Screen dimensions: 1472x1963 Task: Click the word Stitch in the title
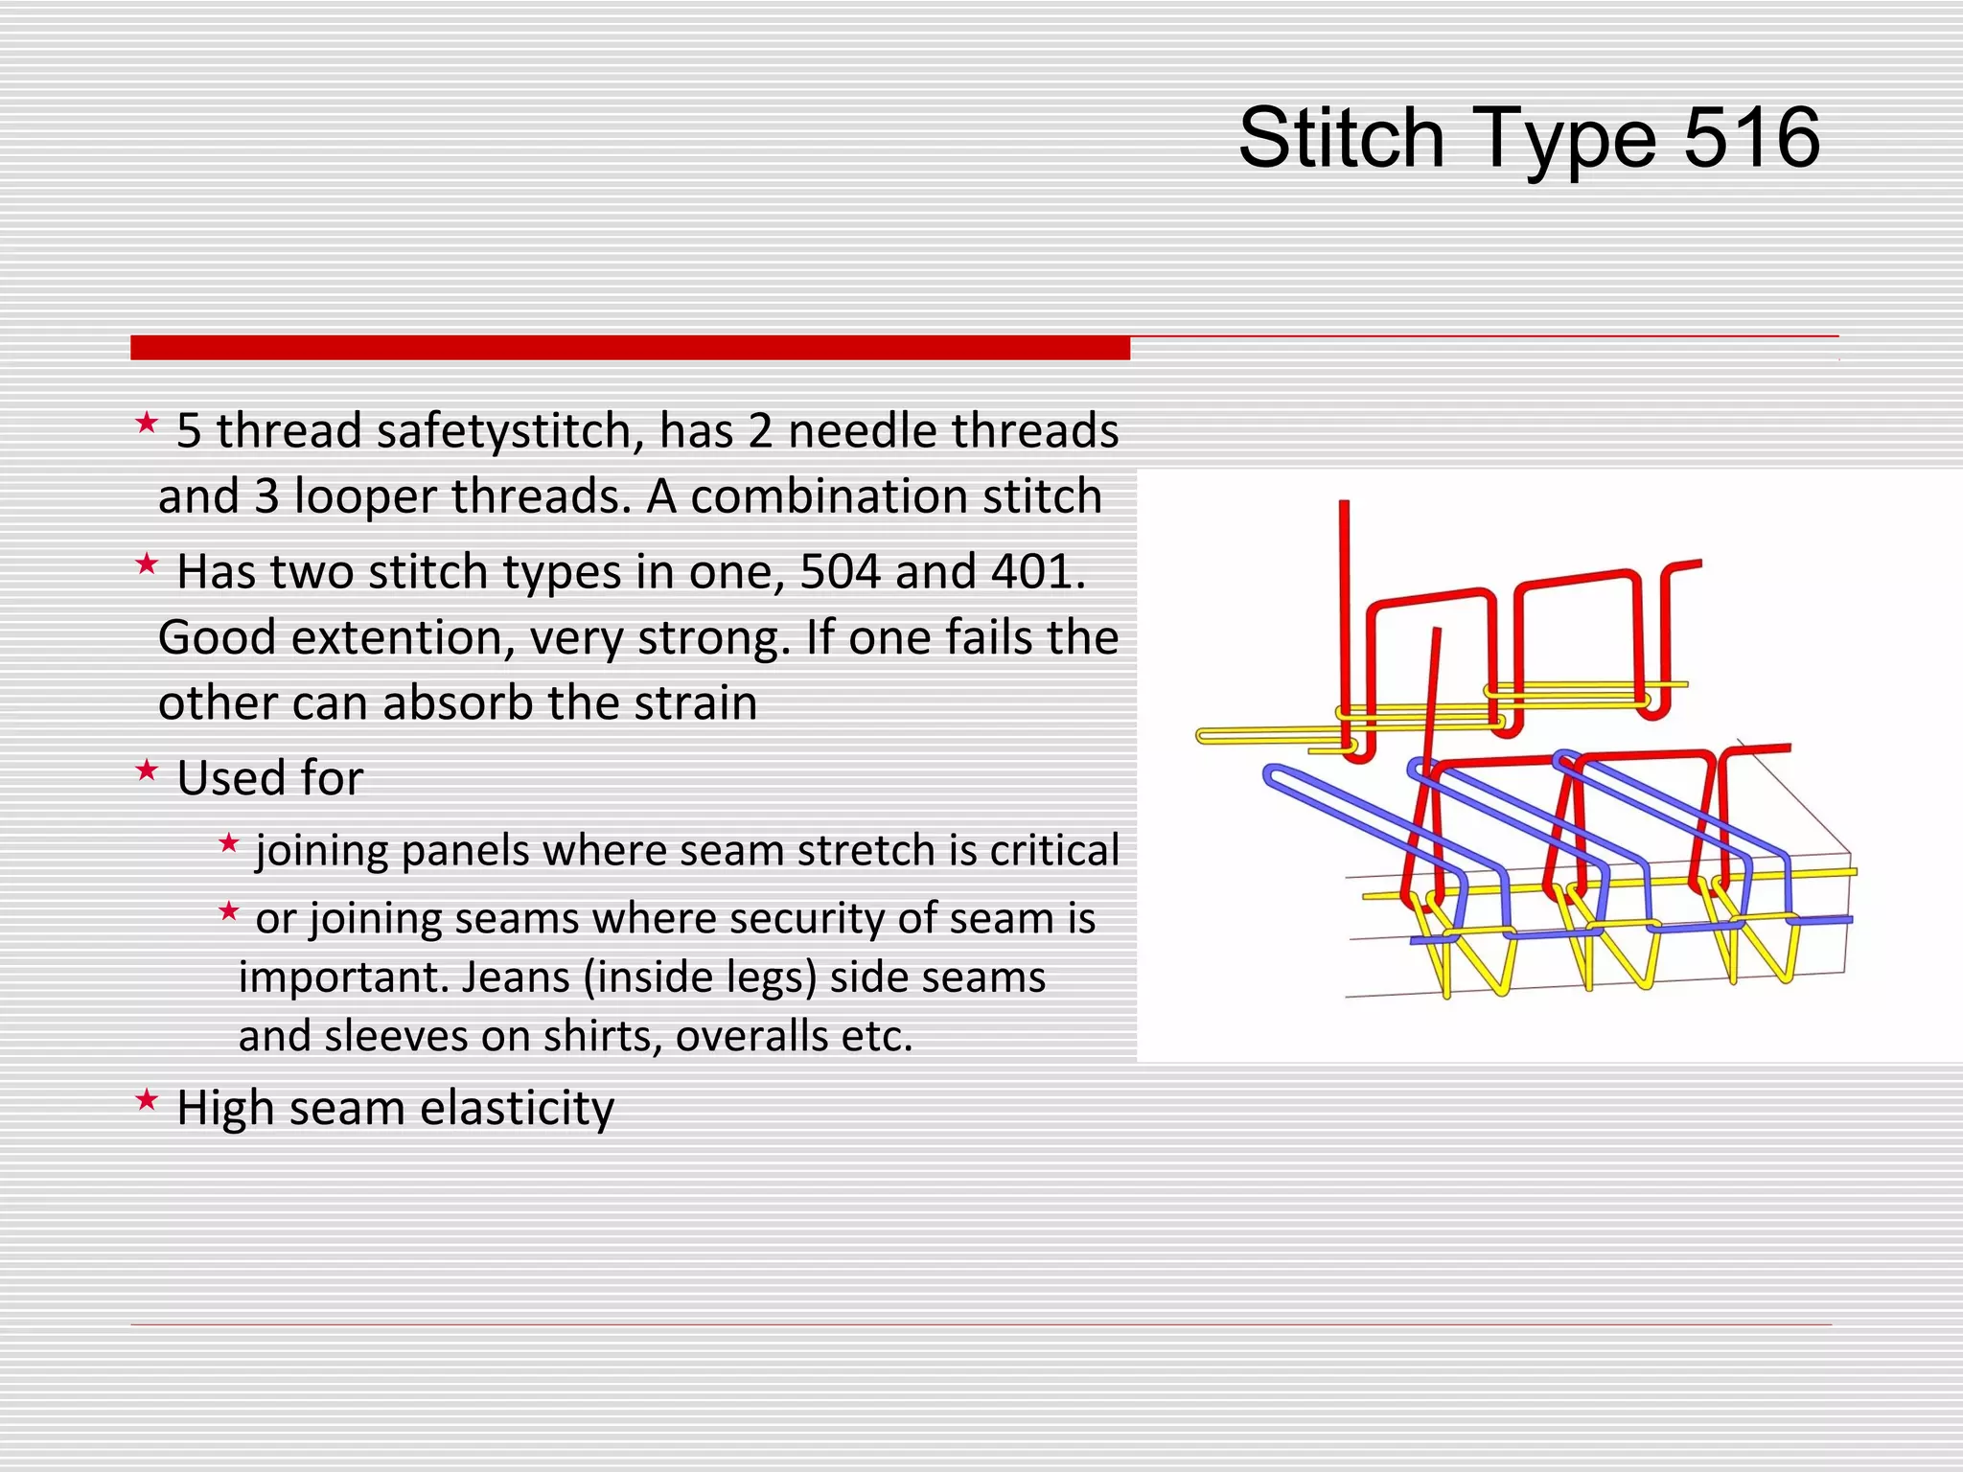tap(1340, 138)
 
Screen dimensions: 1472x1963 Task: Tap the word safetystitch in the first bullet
tap(510, 431)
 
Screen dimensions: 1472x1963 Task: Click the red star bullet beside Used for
tap(146, 770)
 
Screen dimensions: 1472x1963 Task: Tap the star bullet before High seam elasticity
tap(146, 1100)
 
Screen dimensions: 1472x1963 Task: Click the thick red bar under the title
tap(630, 348)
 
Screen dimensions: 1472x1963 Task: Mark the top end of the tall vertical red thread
tap(1344, 504)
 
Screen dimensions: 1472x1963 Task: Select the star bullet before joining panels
tap(228, 844)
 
